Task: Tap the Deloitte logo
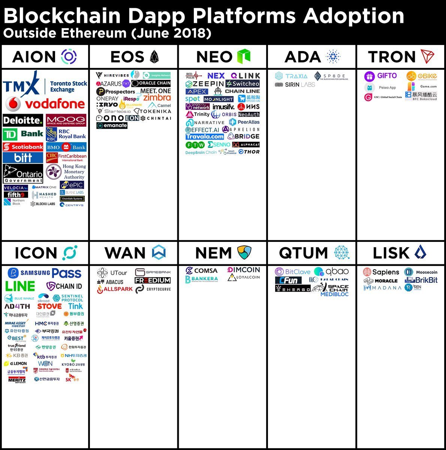point(23,120)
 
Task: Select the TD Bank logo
point(23,134)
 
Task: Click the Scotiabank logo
point(23,147)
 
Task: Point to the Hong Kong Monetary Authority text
point(74,171)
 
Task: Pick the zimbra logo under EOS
point(157,97)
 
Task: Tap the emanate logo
point(112,125)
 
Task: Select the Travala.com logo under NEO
point(205,136)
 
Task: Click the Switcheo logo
point(242,84)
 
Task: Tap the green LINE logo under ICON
point(20,286)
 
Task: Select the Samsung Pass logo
point(45,273)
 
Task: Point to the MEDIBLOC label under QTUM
point(334,294)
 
